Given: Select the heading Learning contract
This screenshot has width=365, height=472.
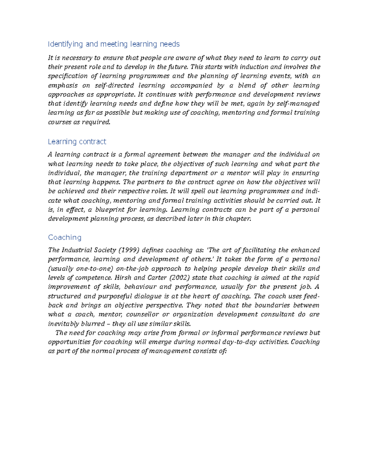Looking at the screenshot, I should coord(77,142).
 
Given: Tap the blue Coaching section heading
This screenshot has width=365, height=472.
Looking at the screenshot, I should coord(65,238).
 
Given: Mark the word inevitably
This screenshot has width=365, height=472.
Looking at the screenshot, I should coord(60,324).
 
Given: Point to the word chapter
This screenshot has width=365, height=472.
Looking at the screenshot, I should coord(239,219).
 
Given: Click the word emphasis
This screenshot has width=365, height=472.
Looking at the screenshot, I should coord(63,85).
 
